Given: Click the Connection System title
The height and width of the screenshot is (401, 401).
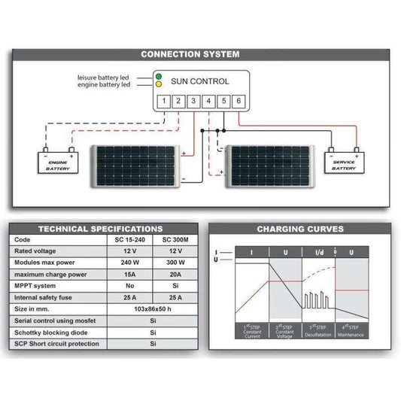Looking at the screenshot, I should click(190, 54).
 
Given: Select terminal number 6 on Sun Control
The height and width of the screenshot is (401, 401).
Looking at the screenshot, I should click(238, 101).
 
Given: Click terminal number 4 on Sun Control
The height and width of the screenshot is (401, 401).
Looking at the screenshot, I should click(208, 101).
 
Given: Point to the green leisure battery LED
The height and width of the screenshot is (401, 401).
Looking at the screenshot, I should click(158, 77).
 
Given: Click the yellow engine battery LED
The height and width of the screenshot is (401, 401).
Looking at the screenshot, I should click(158, 85).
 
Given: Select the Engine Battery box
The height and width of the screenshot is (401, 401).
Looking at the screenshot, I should click(58, 163).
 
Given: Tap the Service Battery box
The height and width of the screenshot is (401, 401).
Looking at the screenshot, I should click(344, 163).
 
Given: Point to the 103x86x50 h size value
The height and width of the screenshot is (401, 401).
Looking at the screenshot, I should click(153, 308).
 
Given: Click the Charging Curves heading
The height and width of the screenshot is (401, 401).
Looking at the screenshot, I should click(300, 229).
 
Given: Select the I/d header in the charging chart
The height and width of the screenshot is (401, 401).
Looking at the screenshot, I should click(319, 251).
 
